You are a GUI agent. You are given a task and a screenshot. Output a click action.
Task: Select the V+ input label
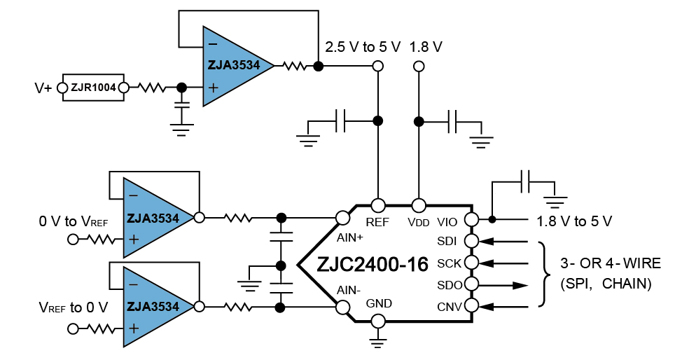pos(43,88)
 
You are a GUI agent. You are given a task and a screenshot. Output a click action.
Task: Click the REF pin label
pos(377,222)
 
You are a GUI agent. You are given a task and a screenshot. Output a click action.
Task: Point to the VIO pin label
pos(447,222)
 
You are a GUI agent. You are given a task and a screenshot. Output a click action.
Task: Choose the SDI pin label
pos(447,241)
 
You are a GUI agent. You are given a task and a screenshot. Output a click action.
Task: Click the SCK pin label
pos(449,263)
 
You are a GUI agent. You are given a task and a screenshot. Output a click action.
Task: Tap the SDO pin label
pos(450,285)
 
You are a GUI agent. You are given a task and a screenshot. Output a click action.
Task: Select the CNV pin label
pos(450,307)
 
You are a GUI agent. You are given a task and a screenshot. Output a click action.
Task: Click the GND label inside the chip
pos(379,303)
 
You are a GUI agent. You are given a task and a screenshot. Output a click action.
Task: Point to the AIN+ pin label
pos(350,237)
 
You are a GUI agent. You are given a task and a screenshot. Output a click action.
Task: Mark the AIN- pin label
pos(349,290)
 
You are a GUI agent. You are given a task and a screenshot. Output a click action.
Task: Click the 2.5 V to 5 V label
pos(363,47)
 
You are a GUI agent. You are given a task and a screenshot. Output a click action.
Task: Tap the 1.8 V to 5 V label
pos(574,221)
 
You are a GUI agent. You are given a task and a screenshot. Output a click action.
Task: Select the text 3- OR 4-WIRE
pos(611,263)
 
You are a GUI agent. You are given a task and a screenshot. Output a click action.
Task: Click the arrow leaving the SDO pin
pos(503,285)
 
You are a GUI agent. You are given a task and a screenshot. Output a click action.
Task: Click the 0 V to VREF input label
pos(74,221)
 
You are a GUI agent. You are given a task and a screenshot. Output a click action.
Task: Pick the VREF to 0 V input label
pos(74,307)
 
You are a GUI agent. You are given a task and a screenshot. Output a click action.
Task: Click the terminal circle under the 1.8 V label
pos(419,66)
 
